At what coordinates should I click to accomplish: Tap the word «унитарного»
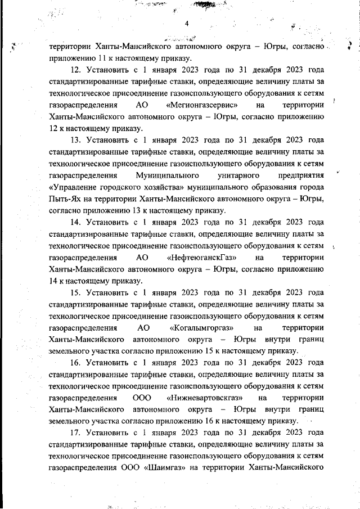pyautogui.click(x=234, y=175)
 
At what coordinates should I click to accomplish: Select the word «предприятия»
pyautogui.click(x=300, y=175)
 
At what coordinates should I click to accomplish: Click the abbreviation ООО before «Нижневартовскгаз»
pyautogui.click(x=142, y=398)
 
